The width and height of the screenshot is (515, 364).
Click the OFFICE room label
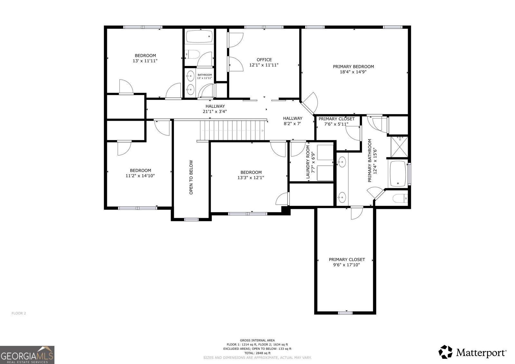point(264,60)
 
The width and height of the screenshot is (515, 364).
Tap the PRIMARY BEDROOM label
point(353,67)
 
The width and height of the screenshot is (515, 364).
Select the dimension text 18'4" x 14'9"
point(353,72)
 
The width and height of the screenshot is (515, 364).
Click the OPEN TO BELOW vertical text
point(191,177)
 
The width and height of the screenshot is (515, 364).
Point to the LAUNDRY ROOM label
point(308,162)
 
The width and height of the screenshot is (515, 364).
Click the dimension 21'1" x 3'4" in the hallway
point(215,112)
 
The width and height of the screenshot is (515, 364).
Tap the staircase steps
point(232,130)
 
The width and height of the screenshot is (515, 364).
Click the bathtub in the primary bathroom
point(398,174)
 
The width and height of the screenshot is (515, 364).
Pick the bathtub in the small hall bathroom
point(199,36)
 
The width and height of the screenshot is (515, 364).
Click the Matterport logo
point(472,352)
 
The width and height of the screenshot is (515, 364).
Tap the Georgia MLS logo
point(27,355)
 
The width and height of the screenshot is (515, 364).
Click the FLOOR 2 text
point(19,313)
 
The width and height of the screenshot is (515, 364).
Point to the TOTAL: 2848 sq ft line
point(257,353)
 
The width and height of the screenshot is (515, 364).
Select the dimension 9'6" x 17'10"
point(346,265)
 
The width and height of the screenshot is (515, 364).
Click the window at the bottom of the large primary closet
point(345,313)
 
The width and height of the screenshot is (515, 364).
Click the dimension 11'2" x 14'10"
point(140,176)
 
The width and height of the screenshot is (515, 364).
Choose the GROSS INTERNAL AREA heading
point(257,340)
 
